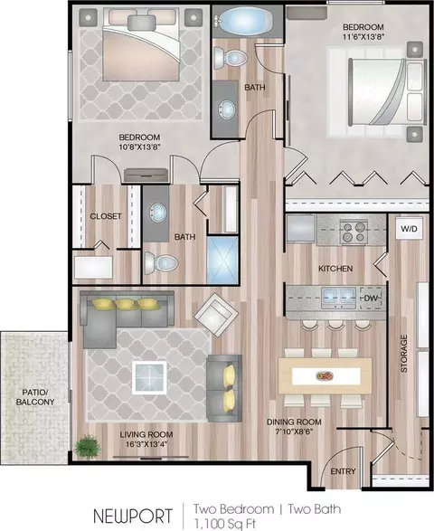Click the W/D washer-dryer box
pyautogui.click(x=409, y=229)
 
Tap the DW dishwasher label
pyautogui.click(x=371, y=299)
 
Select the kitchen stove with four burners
pyautogui.click(x=354, y=232)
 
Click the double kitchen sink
pyautogui.click(x=338, y=298)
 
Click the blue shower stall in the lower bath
pyautogui.click(x=222, y=261)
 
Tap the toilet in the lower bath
pyautogui.click(x=161, y=263)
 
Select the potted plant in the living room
pyautogui.click(x=88, y=446)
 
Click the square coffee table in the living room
pyautogui.click(x=149, y=377)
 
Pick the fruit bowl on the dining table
pyautogui.click(x=325, y=376)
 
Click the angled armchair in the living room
pyautogui.click(x=217, y=314)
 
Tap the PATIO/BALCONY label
pyautogui.click(x=35, y=397)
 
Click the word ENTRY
pyautogui.click(x=343, y=471)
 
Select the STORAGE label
pyautogui.click(x=404, y=354)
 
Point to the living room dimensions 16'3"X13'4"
pyautogui.click(x=146, y=444)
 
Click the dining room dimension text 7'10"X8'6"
pyautogui.click(x=294, y=431)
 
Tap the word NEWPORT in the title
pyautogui.click(x=133, y=517)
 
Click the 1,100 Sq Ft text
pyautogui.click(x=225, y=524)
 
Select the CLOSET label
pyautogui.click(x=106, y=216)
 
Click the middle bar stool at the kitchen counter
pyautogui.click(x=335, y=325)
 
